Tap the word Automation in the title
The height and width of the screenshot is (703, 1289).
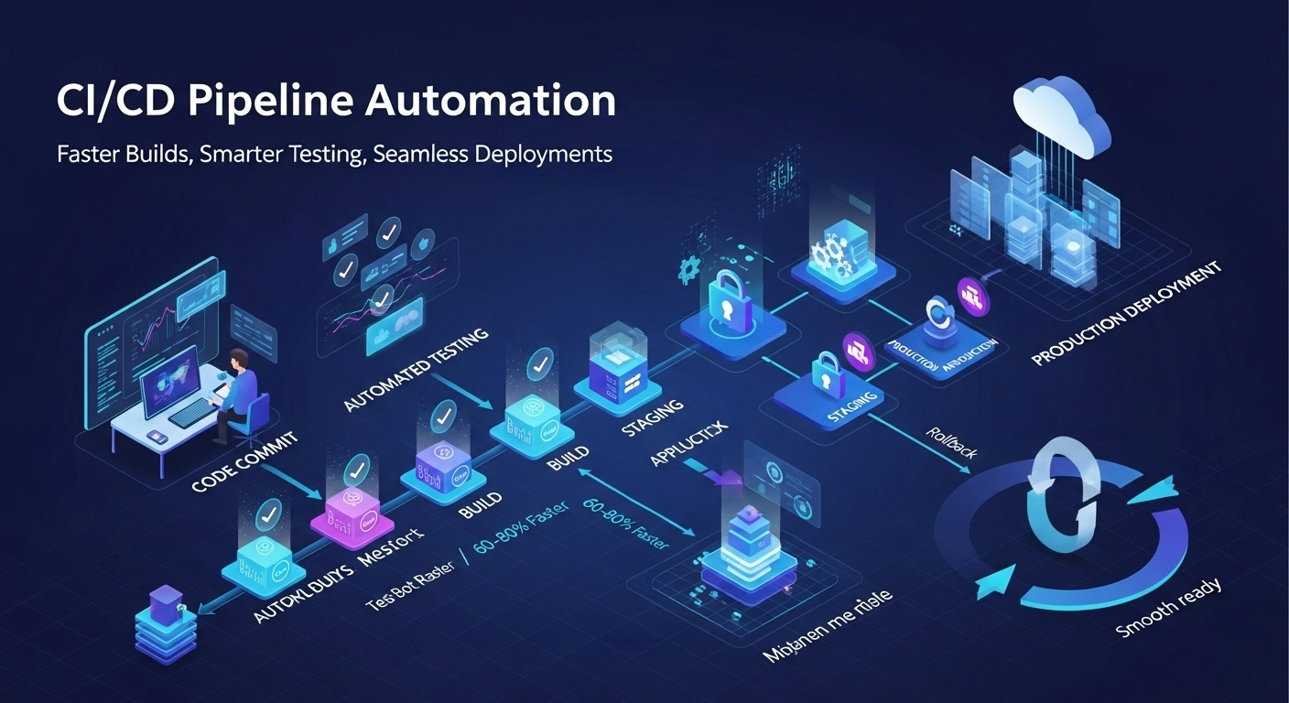pyautogui.click(x=491, y=102)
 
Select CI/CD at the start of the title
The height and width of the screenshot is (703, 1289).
pyautogui.click(x=109, y=102)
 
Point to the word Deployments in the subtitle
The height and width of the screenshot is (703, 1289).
pyautogui.click(x=543, y=153)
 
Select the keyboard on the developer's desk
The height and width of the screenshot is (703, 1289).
pyautogui.click(x=191, y=416)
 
